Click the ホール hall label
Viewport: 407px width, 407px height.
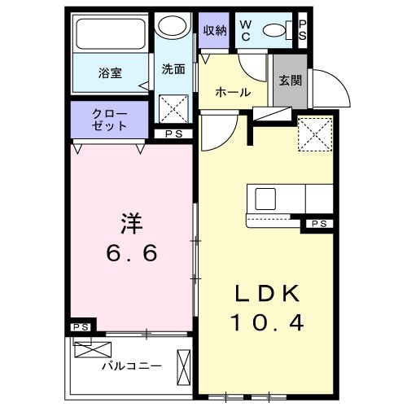pyautogui.click(x=233, y=92)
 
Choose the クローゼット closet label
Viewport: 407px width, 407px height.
pyautogui.click(x=109, y=120)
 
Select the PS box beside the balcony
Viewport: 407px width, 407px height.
pyautogui.click(x=79, y=326)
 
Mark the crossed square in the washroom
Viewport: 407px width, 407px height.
pyautogui.click(x=172, y=107)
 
